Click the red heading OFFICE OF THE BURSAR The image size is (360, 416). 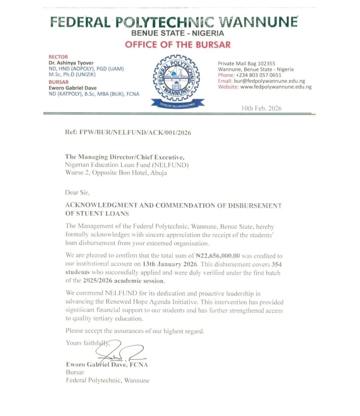(x=178, y=45)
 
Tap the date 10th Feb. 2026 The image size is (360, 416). (x=261, y=108)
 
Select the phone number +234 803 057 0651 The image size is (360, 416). (x=258, y=75)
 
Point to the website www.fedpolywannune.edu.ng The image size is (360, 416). (x=276, y=87)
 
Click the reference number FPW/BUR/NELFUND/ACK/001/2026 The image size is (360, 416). (x=135, y=132)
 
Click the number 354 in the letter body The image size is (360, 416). (x=277, y=264)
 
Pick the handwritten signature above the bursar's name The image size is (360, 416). (x=120, y=351)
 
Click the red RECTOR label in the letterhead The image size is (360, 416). (x=58, y=57)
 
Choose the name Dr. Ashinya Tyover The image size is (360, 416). (x=71, y=63)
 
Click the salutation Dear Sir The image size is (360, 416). (x=77, y=193)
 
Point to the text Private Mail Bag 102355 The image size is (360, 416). (x=246, y=63)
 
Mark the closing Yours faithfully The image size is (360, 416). (x=88, y=343)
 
